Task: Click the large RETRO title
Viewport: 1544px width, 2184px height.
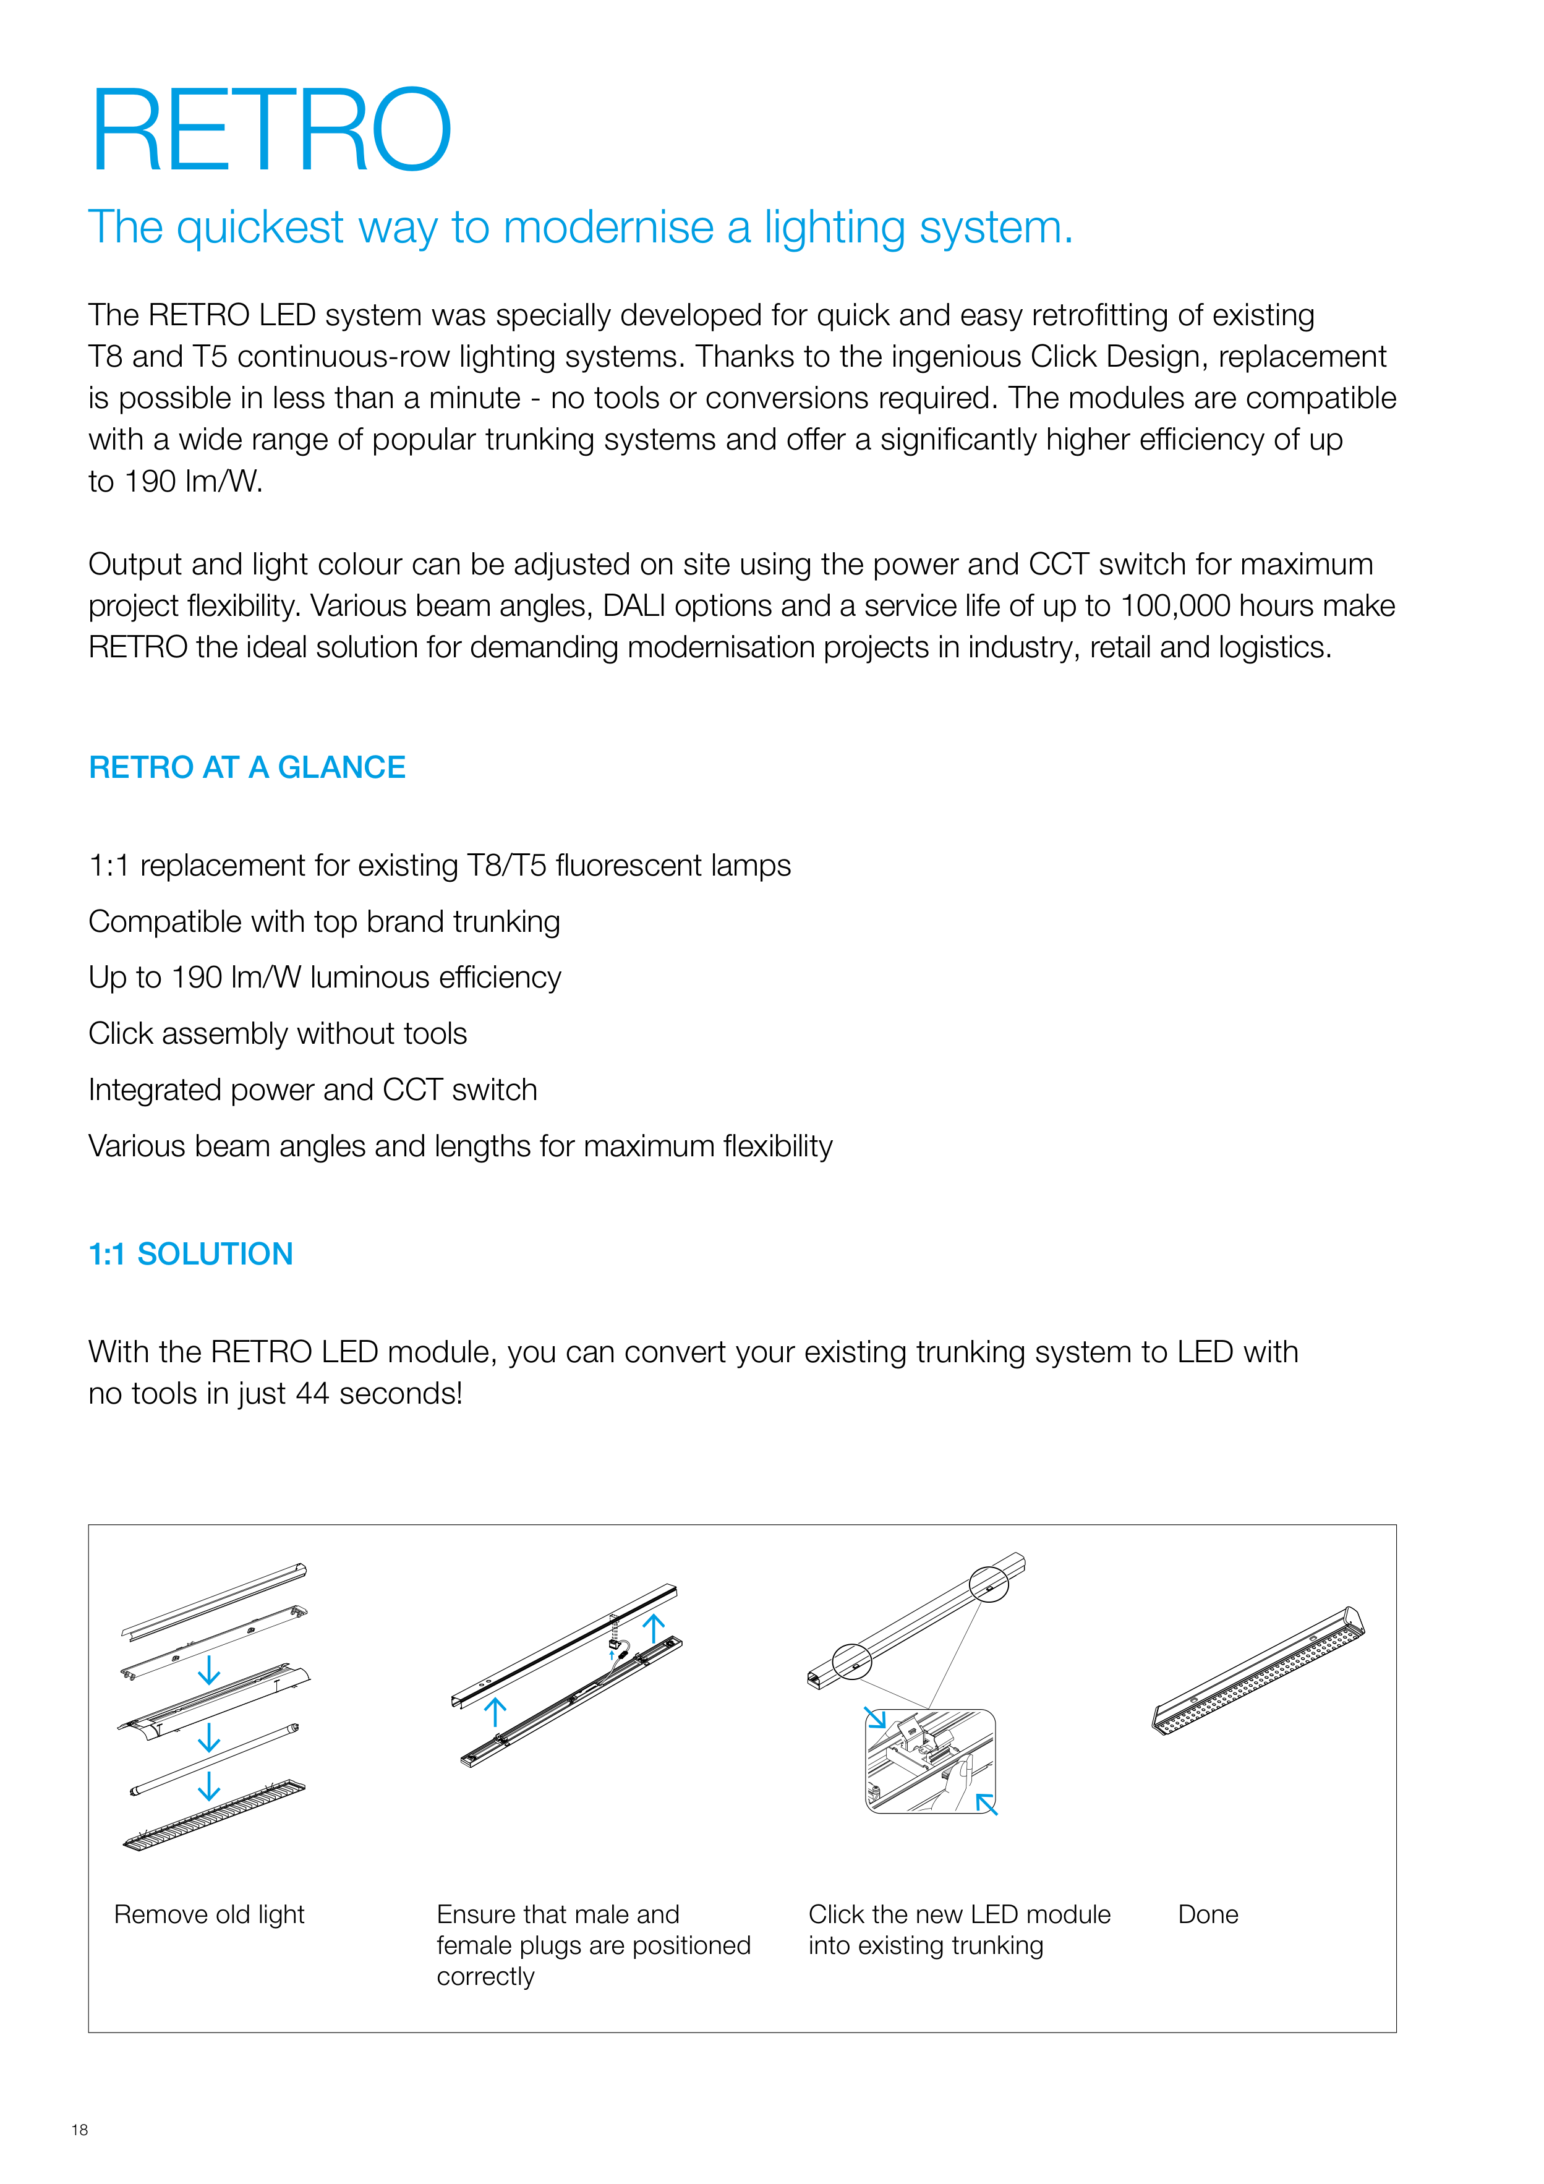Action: pos(270,130)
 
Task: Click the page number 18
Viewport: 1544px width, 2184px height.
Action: pos(80,2130)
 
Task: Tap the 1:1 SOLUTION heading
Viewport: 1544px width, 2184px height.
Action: pos(190,1254)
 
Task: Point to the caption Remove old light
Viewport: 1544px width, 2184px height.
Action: pos(209,1914)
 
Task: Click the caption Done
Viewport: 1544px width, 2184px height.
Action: pos(1207,1914)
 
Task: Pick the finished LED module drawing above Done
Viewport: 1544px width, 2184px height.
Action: pos(1258,1671)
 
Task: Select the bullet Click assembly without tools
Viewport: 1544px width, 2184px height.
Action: pos(278,1034)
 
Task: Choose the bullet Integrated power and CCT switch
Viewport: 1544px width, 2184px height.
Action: pos(312,1090)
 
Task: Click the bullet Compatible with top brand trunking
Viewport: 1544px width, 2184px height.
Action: pos(325,922)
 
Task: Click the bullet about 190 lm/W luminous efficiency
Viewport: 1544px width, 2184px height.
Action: pos(325,978)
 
